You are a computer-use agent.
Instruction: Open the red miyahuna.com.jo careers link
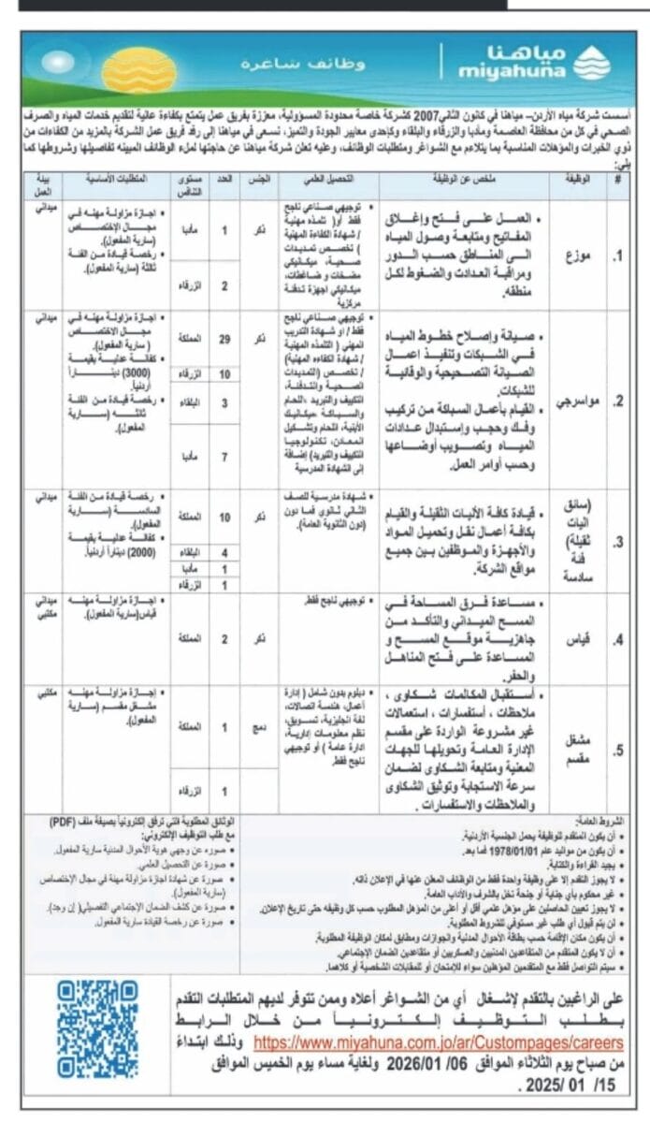439,1041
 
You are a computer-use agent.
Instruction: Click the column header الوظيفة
579,177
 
